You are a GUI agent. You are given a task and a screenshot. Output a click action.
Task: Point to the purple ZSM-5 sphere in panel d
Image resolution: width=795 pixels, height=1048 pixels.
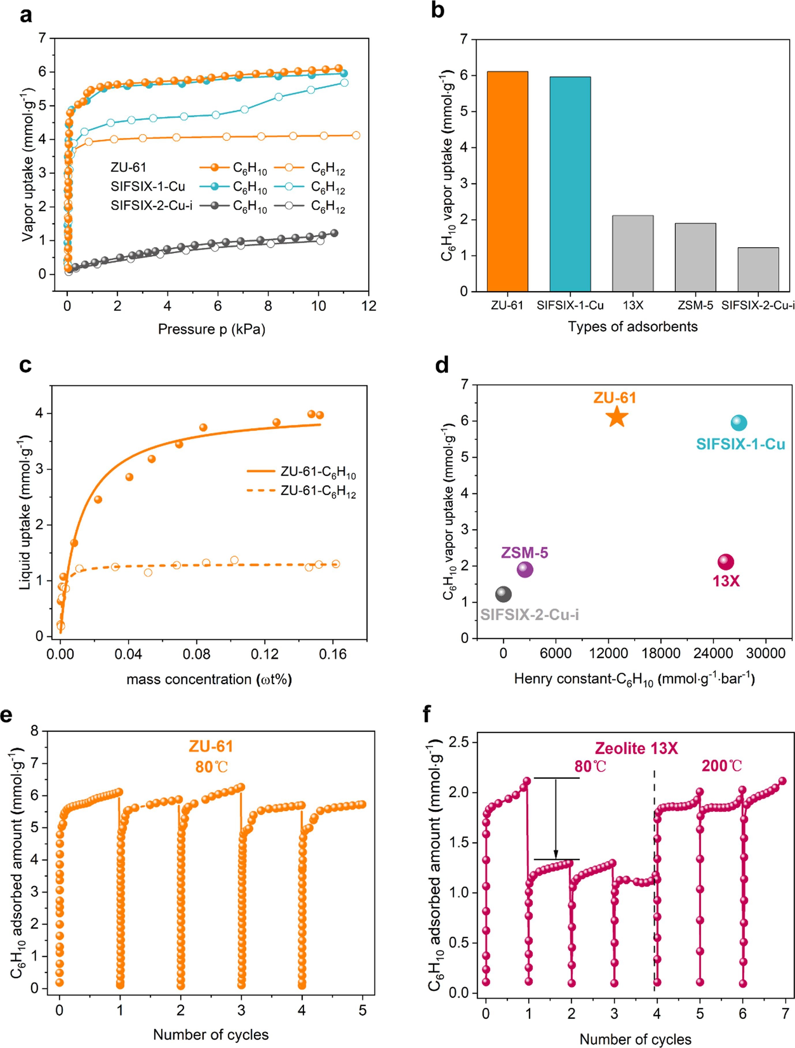[x=524, y=569]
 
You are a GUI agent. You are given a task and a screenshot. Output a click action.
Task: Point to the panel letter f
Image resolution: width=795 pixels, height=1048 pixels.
[x=426, y=715]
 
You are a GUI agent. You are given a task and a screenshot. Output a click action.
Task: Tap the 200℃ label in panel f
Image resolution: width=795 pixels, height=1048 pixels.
[x=721, y=766]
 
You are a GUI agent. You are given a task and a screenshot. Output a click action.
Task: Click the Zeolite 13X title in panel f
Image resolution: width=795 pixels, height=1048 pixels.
[x=636, y=749]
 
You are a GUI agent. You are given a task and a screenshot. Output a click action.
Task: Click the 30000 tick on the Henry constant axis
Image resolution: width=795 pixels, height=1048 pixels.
[x=766, y=653]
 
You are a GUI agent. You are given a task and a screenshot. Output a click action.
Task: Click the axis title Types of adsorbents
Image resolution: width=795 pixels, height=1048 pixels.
[x=633, y=327]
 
